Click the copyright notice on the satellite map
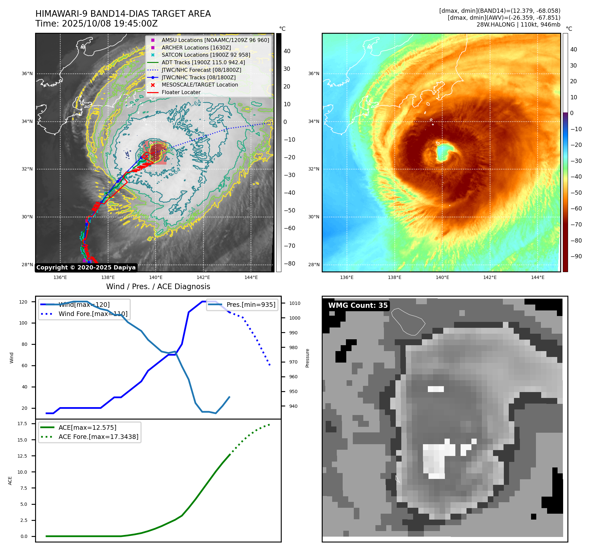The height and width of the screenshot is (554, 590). [x=86, y=267]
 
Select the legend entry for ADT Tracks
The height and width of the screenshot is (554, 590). [x=203, y=62]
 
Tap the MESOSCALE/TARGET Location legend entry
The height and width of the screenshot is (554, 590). [x=200, y=85]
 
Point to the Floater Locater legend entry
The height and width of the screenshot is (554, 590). [x=181, y=92]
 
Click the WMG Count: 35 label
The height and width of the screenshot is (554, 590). [x=358, y=305]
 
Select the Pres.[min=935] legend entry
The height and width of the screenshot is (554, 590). [x=251, y=305]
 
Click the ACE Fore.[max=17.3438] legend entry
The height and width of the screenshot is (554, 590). [x=98, y=437]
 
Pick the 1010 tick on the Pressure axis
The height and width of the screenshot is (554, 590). [x=295, y=303]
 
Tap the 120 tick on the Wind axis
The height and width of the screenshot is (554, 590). [x=23, y=302]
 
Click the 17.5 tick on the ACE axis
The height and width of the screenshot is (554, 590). [x=22, y=424]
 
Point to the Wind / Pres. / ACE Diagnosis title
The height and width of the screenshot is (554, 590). [x=158, y=287]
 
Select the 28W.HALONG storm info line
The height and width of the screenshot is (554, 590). [x=518, y=25]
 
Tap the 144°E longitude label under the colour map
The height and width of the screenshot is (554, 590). [x=538, y=277]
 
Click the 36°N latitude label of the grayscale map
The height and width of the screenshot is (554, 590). [x=27, y=74]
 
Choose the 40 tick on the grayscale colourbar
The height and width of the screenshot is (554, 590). [x=287, y=51]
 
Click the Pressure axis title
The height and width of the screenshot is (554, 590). [x=307, y=358]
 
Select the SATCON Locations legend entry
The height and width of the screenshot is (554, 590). [x=206, y=55]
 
